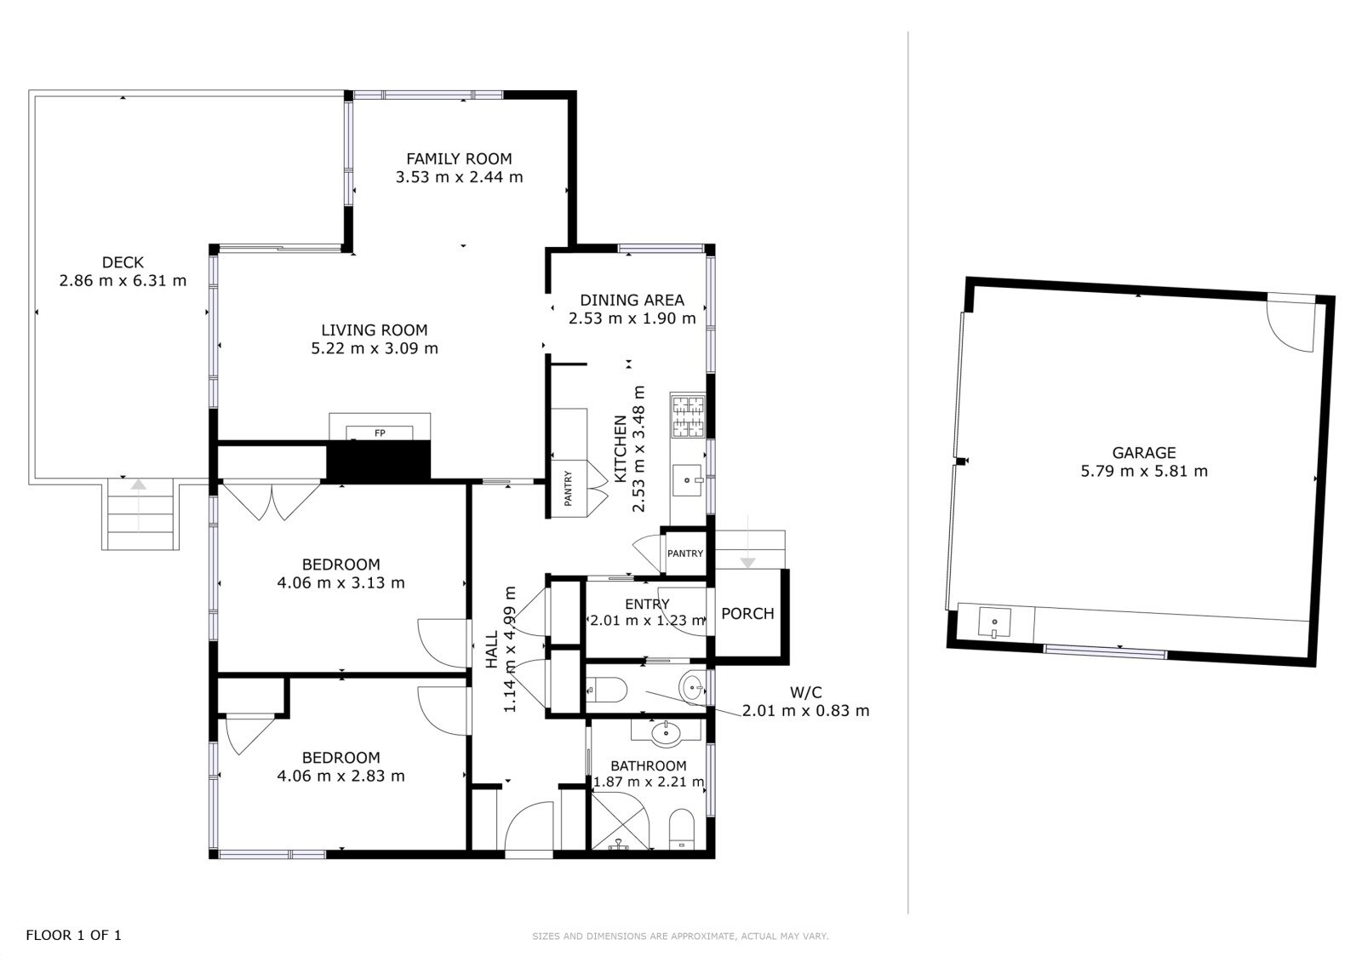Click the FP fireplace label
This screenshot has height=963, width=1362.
[x=380, y=433]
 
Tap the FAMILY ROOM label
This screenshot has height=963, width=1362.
[x=459, y=158]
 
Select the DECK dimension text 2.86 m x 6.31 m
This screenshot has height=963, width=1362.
[x=123, y=280]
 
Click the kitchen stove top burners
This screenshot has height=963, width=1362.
[x=688, y=416]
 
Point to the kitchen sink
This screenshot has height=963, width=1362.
[x=688, y=480]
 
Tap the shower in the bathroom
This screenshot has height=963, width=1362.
[x=621, y=820]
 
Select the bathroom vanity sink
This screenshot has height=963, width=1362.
[x=667, y=734]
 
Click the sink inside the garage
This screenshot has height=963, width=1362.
[x=995, y=622]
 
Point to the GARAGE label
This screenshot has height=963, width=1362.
[x=1144, y=453]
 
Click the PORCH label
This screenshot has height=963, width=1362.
[x=748, y=613]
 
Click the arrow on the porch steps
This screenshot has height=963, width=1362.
[x=748, y=542]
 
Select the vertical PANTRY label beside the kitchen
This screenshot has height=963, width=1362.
[x=568, y=488]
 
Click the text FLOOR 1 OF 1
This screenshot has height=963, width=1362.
[x=73, y=935]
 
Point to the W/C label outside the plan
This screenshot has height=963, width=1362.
[x=805, y=691]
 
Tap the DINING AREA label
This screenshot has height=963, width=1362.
[x=632, y=300]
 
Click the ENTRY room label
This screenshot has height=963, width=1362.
[x=647, y=604]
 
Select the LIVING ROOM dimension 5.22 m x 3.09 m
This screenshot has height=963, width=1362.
[x=375, y=348]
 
